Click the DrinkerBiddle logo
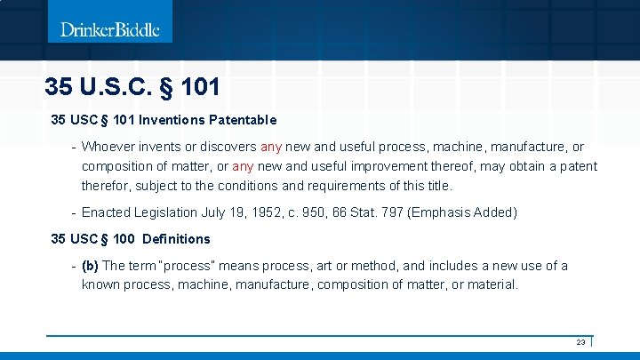click(110, 29)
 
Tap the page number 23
click(580, 342)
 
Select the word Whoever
click(109, 147)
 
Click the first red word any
click(272, 147)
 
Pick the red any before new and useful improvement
click(243, 166)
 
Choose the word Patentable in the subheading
click(244, 119)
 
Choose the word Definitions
click(176, 239)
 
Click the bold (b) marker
click(90, 266)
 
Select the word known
click(100, 284)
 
